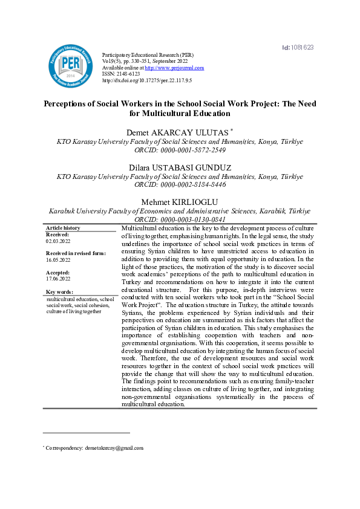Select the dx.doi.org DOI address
pyautogui.click(x=147, y=80)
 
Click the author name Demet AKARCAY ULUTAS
pyautogui.click(x=178, y=132)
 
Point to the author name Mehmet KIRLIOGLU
pyautogui.click(x=180, y=203)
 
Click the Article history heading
pyautogui.click(x=63, y=228)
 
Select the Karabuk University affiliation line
pyautogui.click(x=180, y=212)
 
